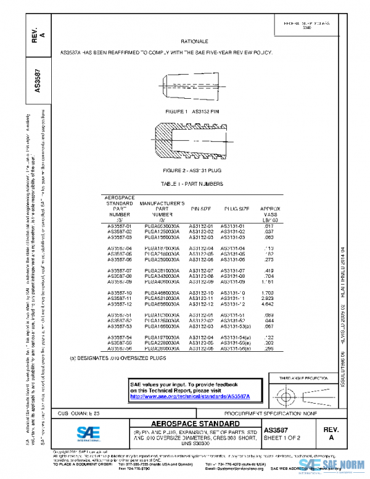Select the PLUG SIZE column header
pos(236,209)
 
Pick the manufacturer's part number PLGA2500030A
pos(162,260)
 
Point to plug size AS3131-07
pos(233,271)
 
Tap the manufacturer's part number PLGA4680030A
pos(162,293)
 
